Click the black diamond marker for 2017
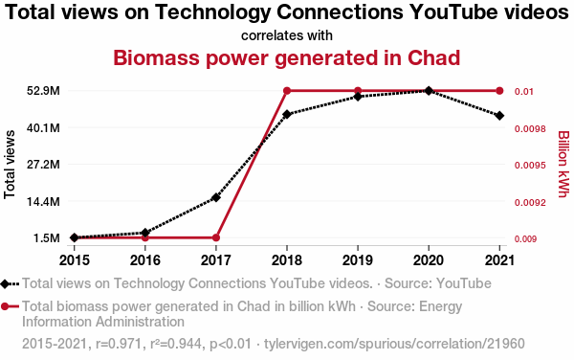[216, 198]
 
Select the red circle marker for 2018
[287, 91]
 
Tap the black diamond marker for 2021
[499, 116]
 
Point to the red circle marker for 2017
[216, 237]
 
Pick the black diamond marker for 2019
[358, 97]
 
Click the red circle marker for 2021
[499, 91]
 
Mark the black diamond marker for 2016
[145, 233]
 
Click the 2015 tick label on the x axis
[75, 260]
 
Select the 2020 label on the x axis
[429, 260]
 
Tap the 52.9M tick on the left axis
[43, 90]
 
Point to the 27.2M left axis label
[43, 165]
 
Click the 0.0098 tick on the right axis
[530, 129]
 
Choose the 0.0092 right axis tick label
[530, 203]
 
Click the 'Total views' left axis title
[10, 165]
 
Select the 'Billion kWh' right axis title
[563, 164]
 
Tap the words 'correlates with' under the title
[287, 35]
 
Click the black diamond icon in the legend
[5, 283]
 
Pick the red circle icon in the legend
[5, 306]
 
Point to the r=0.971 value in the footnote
[119, 344]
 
